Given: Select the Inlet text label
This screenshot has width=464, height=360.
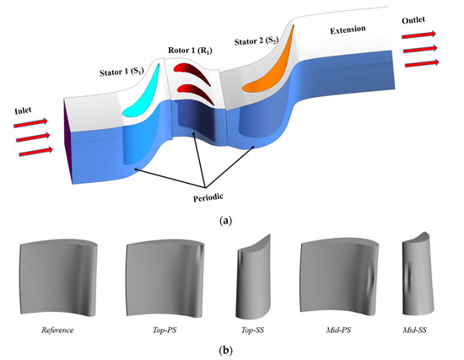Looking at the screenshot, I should pos(22,110).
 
